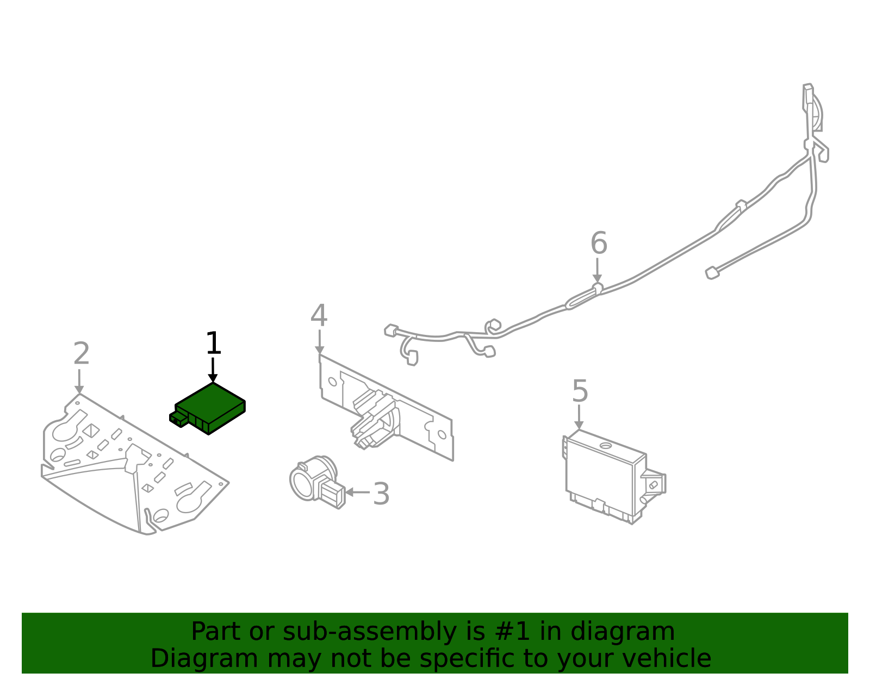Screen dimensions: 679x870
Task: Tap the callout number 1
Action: click(213, 344)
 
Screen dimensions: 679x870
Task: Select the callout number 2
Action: click(81, 354)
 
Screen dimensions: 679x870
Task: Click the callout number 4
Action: click(319, 316)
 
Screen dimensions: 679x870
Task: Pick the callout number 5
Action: click(580, 391)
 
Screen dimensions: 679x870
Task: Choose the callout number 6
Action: click(599, 243)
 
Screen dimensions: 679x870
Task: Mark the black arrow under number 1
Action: click(213, 371)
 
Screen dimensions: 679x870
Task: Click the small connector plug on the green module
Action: click(178, 418)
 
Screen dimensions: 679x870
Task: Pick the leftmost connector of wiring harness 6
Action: click(391, 330)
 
